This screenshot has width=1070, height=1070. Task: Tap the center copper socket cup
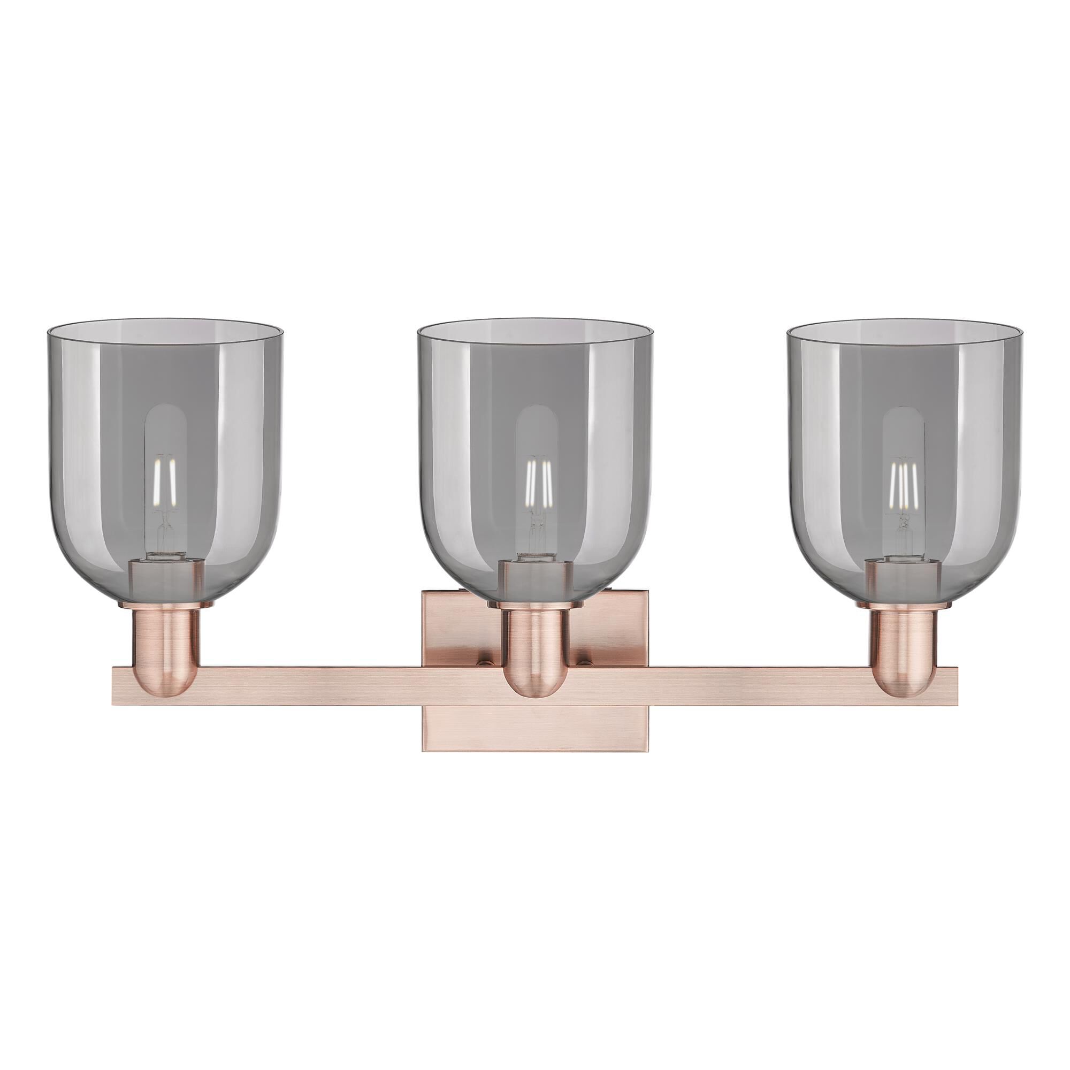[535, 654]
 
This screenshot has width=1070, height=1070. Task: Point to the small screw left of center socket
[485, 661]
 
